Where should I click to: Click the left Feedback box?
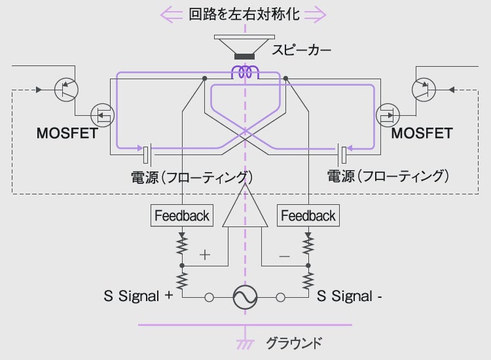[181, 215]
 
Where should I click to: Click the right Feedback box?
[308, 215]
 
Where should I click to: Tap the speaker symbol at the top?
[245, 48]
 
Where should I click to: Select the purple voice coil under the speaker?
[245, 71]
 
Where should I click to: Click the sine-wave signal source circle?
[245, 297]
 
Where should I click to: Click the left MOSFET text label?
[67, 134]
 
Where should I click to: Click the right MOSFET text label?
[422, 134]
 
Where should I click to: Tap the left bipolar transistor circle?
[67, 89]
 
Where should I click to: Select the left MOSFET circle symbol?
[101, 117]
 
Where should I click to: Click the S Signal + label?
[138, 296]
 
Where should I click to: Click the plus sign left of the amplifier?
[205, 255]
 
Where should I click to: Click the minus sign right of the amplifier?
[284, 257]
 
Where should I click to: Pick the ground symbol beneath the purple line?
[245, 343]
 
